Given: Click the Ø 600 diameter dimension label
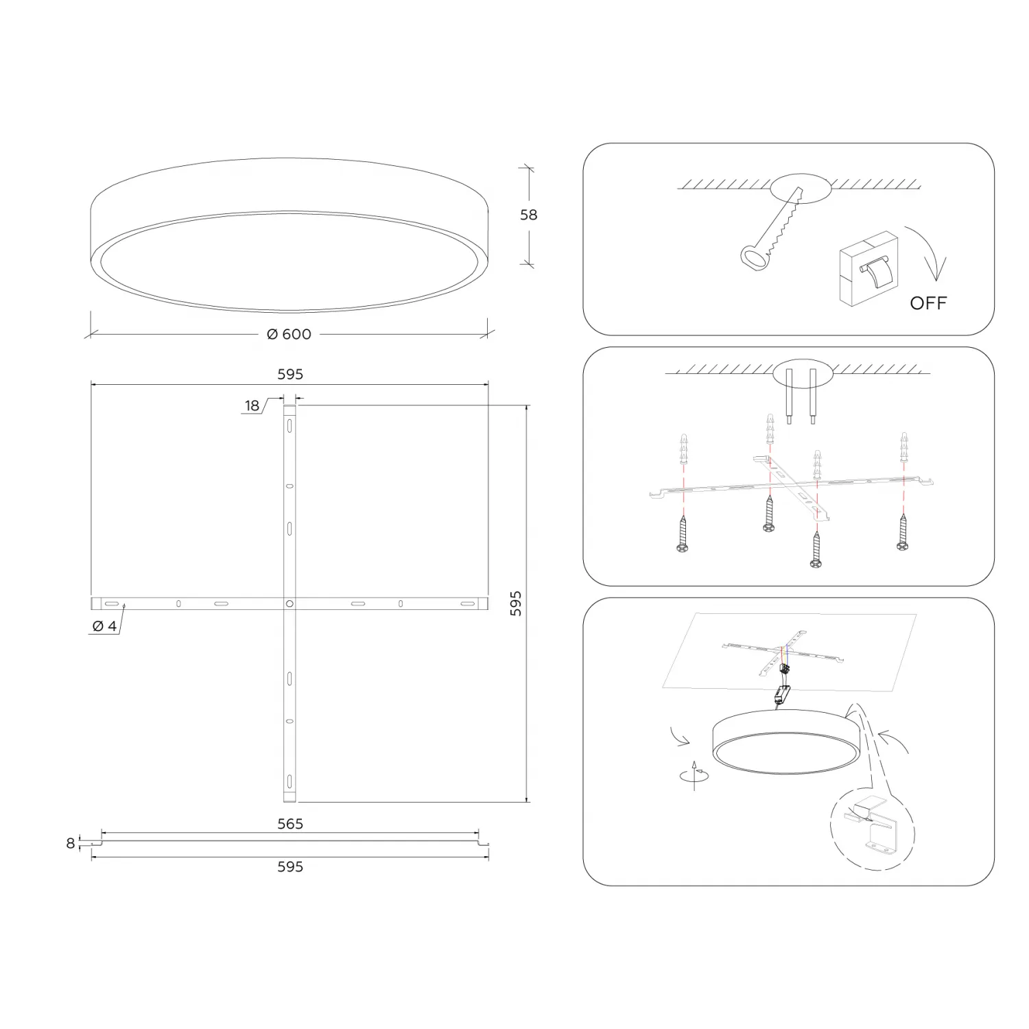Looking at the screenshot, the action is pos(289,334).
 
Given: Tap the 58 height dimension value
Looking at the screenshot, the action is pos(528,215).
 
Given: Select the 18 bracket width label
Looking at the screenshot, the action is pos(252,405).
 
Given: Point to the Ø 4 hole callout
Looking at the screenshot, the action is pos(104,626).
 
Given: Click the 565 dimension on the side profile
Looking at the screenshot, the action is pos(290,823).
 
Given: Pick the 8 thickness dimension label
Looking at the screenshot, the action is pos(70,843).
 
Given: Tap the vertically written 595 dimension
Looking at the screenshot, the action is pos(516,603).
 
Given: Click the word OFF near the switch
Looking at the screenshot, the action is pos(928,303).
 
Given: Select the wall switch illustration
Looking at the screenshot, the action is pos(868,268).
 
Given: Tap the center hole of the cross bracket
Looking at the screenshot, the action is pos(289,604).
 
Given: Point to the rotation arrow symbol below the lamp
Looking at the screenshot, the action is pos(694,775).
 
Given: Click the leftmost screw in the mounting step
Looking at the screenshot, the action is pos(683,533).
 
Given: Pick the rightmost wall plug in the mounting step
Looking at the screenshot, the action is pos(904,448).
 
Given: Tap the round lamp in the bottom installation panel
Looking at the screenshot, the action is pos(784,742).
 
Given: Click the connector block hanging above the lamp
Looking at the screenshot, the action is pos(783,695).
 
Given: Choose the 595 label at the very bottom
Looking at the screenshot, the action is pos(290,866).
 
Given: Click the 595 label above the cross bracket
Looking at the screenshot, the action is pos(290,374).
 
